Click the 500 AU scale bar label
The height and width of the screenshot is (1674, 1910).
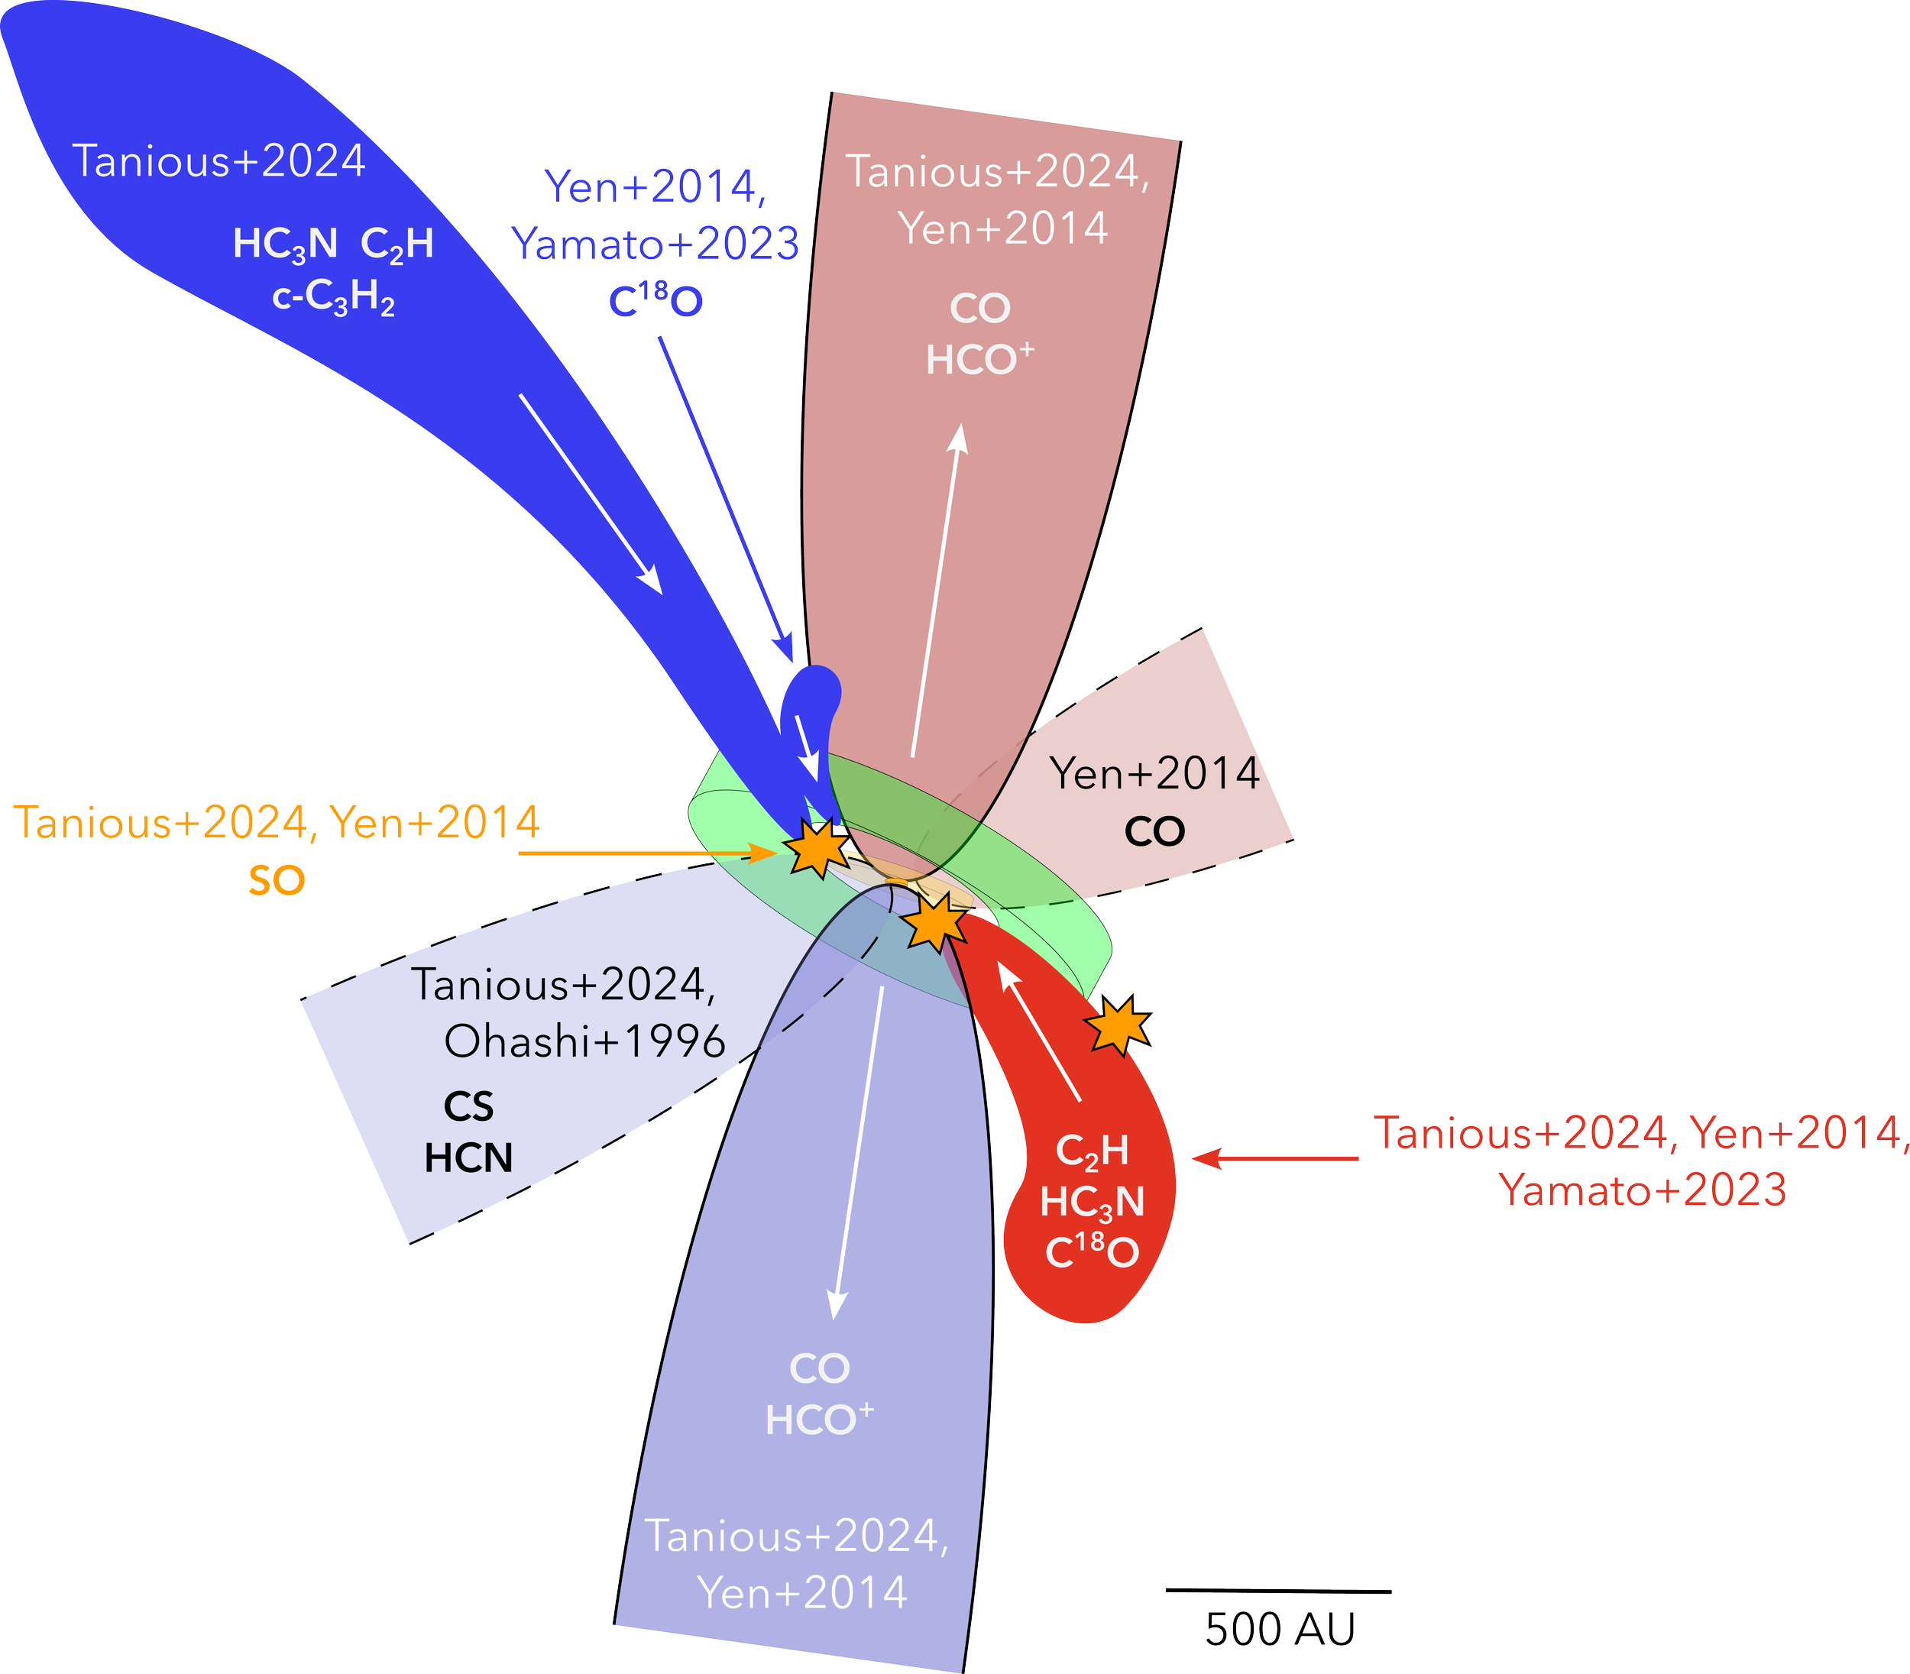tap(1279, 1628)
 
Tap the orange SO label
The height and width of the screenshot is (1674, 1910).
tap(277, 881)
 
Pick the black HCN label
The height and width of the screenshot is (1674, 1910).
tap(469, 1158)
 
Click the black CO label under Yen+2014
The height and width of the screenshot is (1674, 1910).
tap(1154, 831)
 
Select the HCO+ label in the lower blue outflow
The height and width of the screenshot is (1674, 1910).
tap(819, 1420)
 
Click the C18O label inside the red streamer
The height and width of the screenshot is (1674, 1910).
tap(1092, 1251)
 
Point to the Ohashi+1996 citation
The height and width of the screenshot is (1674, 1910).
tap(584, 1041)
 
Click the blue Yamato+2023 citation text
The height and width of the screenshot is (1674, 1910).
tap(656, 244)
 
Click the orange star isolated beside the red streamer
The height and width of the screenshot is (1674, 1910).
tap(1117, 1025)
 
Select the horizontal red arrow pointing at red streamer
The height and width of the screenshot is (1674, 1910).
tap(1275, 1158)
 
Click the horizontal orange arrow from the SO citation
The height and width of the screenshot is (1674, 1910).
tap(648, 853)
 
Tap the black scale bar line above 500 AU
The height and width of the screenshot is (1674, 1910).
tap(1279, 1590)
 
